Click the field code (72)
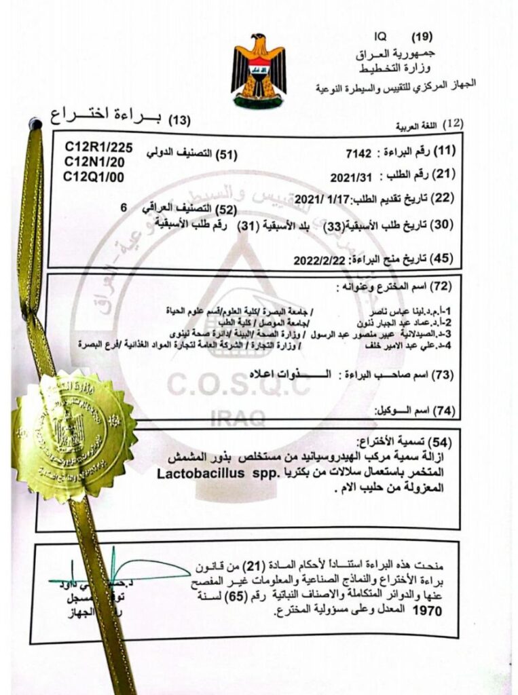click(x=443, y=286)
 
